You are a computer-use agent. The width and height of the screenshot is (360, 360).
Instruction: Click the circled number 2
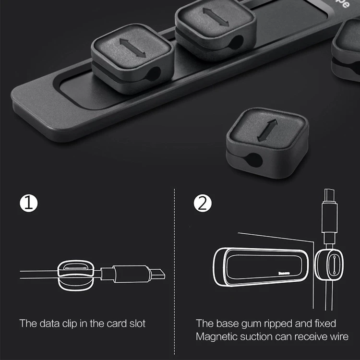(x=203, y=204)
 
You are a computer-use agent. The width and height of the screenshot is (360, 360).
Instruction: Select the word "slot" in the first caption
(x=136, y=323)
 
